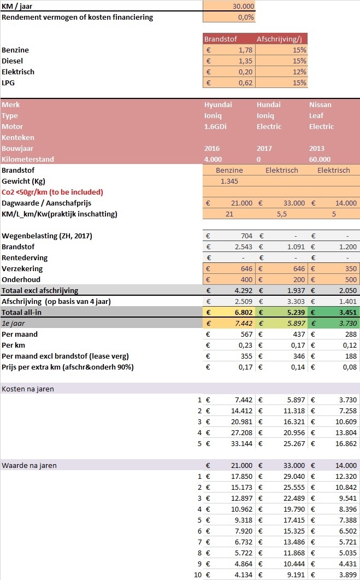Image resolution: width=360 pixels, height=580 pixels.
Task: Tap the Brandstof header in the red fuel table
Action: click(x=217, y=39)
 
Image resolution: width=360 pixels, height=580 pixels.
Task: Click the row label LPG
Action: click(x=9, y=83)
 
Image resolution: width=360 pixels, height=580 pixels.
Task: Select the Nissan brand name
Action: click(x=320, y=104)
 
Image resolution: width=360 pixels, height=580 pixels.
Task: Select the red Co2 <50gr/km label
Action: click(x=52, y=192)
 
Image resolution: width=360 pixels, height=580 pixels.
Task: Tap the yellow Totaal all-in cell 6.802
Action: click(x=241, y=312)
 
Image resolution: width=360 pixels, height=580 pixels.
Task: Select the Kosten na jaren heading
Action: click(x=31, y=389)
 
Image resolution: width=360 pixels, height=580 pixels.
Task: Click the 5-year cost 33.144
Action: click(x=240, y=443)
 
